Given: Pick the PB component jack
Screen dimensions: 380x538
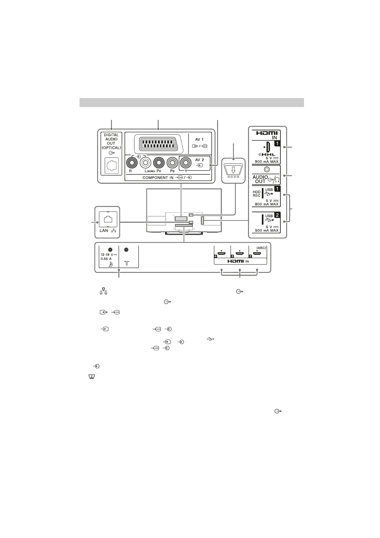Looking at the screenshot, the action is (172, 163).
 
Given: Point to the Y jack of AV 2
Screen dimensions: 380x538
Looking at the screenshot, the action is (186, 163).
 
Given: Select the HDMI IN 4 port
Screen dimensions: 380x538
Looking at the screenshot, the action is (222, 254).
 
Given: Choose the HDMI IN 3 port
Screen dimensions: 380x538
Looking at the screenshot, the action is (239, 254).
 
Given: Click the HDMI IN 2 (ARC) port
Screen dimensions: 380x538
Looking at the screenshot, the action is (257, 254).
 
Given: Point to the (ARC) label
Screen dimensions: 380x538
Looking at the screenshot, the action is (261, 248).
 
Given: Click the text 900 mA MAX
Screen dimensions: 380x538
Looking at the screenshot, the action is (267, 161).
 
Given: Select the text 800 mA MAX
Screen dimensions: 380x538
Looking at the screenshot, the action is (267, 204).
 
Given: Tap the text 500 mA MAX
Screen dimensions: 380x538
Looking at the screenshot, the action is (267, 230).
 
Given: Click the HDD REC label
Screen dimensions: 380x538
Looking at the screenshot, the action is (257, 194).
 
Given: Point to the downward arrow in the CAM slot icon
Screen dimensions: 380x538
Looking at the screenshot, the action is (233, 169).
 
